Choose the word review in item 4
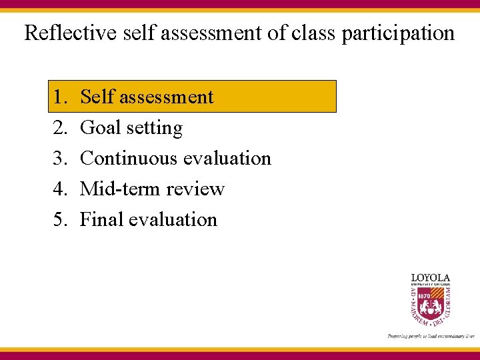[x=195, y=189]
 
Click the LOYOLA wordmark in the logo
[x=430, y=277]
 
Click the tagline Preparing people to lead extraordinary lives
[x=430, y=336]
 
